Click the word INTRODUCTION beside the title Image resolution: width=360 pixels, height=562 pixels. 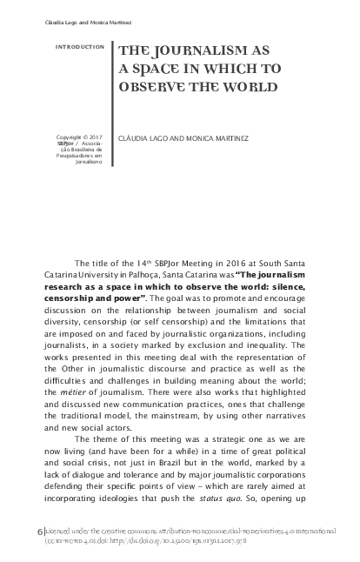pos(79,46)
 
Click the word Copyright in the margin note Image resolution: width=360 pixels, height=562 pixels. pos(71,137)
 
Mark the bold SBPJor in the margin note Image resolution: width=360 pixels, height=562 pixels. pos(66,143)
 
